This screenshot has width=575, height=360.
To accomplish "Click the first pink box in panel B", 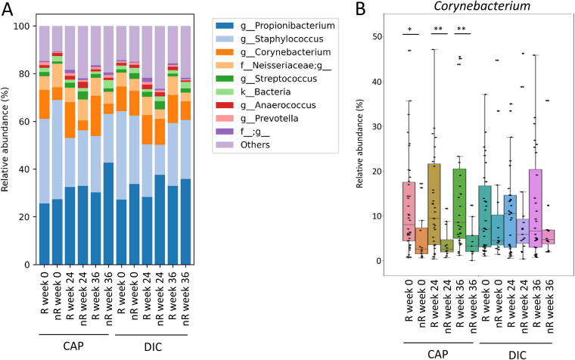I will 409,212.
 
